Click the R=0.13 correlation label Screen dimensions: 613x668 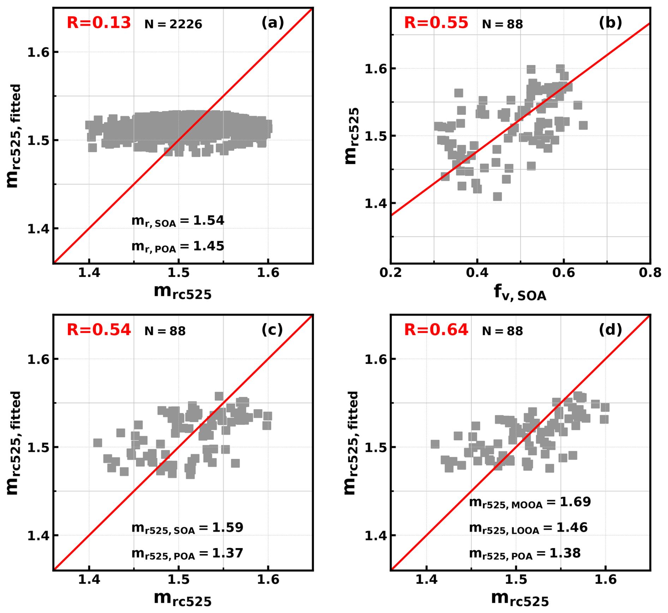(99, 23)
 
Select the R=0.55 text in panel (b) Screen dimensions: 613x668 (436, 23)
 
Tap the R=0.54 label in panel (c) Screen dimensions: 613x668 (99, 330)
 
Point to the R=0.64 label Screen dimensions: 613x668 (436, 330)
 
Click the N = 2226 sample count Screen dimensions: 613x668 (173, 24)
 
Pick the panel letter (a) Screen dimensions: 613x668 (273, 23)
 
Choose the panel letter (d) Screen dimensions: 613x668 (610, 330)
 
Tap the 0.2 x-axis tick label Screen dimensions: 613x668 (390, 273)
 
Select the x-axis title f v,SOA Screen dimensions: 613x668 (520, 292)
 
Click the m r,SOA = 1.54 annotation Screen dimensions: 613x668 (178, 221)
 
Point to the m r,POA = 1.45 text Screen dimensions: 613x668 (178, 246)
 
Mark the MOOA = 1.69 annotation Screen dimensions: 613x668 (530, 502)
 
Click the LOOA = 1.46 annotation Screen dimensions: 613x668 (528, 528)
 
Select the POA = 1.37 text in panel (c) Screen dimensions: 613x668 (187, 553)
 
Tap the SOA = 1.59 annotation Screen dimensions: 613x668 (187, 528)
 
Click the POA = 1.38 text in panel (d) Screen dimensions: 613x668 (524, 553)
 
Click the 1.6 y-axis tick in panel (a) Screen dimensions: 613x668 (38, 52)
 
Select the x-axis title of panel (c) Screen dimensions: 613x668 (183, 599)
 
